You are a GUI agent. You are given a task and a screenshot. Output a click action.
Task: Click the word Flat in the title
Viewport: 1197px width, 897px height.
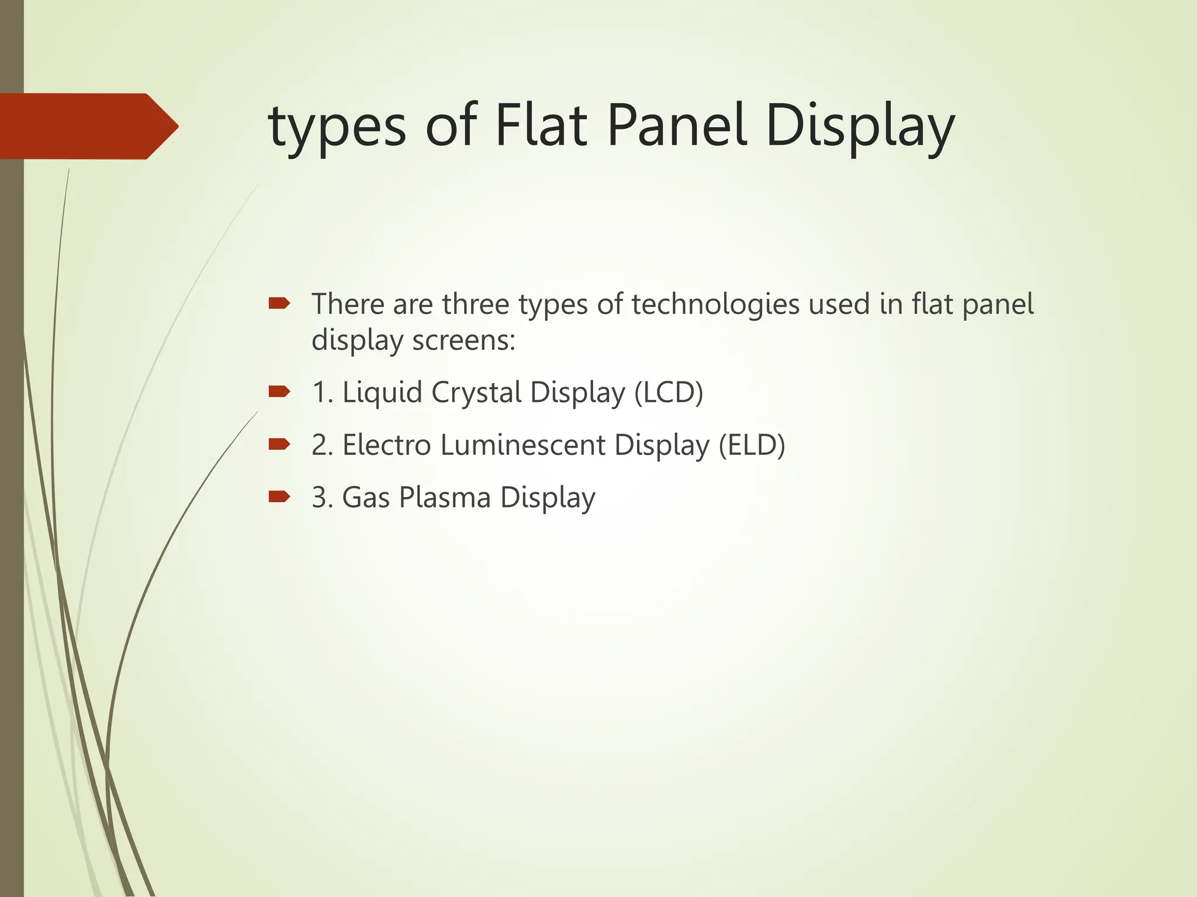point(541,126)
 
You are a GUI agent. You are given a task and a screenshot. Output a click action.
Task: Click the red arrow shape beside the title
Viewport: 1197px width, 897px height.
point(88,126)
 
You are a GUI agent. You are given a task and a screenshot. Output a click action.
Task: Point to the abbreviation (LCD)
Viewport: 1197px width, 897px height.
point(669,392)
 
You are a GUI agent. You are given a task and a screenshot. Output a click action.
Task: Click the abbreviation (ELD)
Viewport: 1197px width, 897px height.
point(752,445)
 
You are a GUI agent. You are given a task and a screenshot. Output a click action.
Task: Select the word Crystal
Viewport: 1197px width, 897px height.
point(476,392)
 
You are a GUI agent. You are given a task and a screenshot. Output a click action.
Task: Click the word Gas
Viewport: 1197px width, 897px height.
point(366,498)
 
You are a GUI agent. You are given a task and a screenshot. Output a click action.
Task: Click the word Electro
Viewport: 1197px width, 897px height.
point(386,445)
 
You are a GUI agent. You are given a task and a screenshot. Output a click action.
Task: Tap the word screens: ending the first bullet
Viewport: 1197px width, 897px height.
point(463,340)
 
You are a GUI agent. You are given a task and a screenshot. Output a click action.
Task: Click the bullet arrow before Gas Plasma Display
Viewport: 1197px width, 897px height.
point(279,497)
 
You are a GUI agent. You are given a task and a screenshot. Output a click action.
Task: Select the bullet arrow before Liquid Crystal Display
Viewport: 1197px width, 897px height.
point(279,392)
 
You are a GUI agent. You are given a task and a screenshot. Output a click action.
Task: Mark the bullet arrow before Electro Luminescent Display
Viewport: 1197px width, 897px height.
point(279,444)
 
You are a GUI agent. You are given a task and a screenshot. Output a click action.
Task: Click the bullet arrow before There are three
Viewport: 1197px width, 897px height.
point(279,303)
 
